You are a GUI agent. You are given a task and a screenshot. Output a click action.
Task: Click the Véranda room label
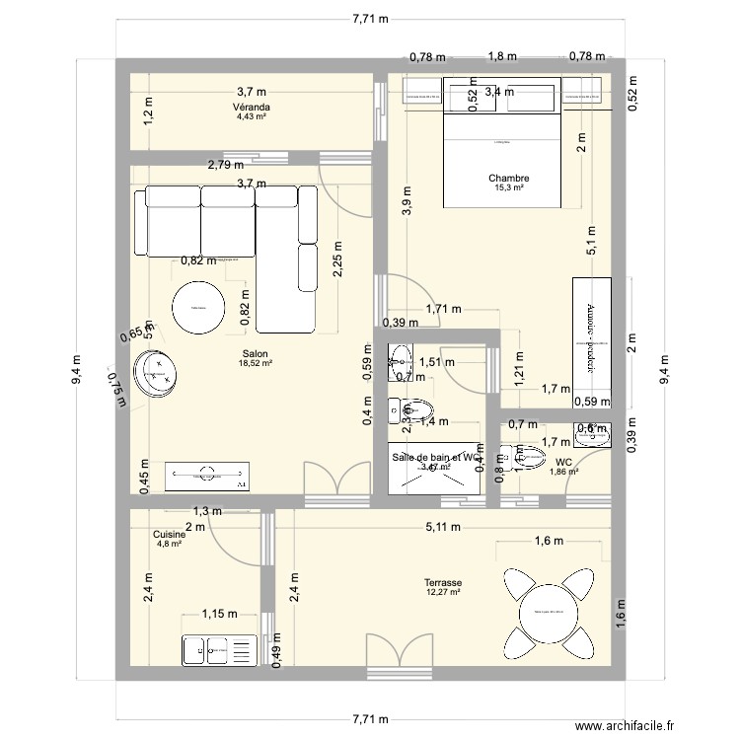pos(252,107)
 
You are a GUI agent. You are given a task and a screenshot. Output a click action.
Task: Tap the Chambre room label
pos(508,179)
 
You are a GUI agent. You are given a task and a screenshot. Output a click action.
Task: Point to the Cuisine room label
pos(169,534)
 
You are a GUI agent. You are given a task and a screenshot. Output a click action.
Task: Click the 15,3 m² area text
pos(508,188)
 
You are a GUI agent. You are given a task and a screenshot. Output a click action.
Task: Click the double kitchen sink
pos(217,649)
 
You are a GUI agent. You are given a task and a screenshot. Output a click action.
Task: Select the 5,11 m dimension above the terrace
pos(443,527)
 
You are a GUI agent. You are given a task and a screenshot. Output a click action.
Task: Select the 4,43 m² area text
pos(252,116)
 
